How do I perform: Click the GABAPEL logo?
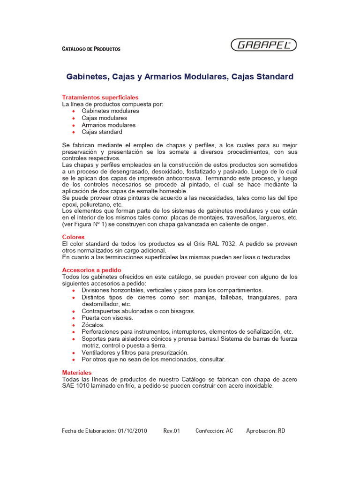263,45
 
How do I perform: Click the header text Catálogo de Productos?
91,49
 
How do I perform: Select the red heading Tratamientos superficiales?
100,97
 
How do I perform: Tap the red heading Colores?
73,237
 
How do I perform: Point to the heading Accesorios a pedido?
91,270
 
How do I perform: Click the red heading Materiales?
77,372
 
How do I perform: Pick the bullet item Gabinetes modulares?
110,111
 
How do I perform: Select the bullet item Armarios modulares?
108,125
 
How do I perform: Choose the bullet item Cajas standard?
102,132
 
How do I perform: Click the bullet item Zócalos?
93,325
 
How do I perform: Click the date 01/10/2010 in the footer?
133,431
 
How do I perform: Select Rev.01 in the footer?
172,431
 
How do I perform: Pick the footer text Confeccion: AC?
214,431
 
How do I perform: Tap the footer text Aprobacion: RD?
265,431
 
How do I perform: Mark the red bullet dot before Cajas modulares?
74,119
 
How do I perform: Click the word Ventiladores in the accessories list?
99,352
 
